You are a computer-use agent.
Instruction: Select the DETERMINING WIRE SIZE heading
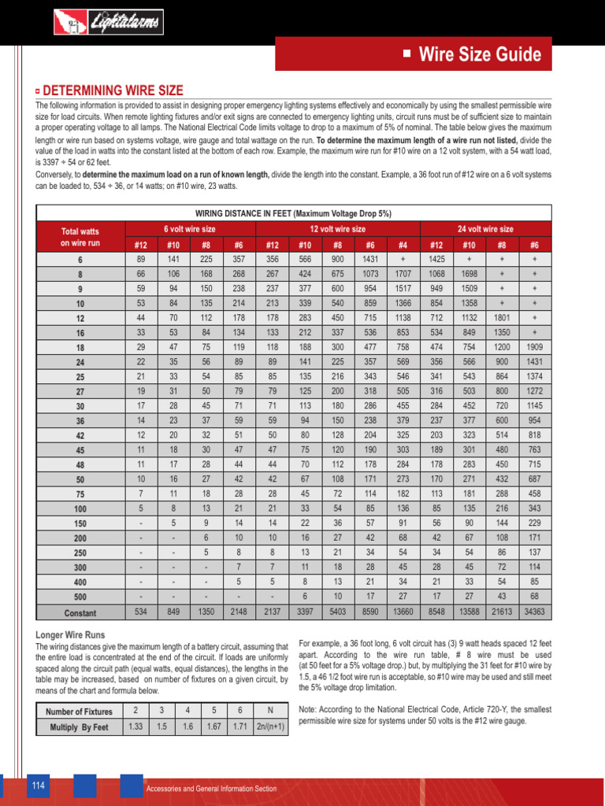coord(112,91)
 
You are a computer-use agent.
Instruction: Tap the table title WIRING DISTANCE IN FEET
coord(293,213)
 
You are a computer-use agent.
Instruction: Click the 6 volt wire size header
coord(189,228)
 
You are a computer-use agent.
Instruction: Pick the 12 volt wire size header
coord(338,228)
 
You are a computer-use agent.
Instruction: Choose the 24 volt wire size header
coord(485,228)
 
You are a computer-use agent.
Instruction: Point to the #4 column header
coord(403,245)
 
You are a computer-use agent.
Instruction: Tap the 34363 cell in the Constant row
coord(535,612)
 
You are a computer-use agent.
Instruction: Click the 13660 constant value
coord(403,612)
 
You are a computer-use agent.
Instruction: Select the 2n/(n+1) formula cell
coord(271,727)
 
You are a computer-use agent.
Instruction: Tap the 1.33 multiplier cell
coord(135,727)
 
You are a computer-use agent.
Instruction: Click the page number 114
coord(38,786)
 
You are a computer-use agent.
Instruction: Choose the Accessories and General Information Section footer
coord(211,789)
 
